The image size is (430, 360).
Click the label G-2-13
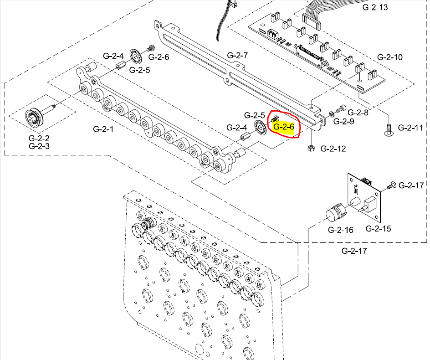(375, 7)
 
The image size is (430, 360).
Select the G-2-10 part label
(390, 57)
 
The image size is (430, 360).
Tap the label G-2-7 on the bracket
(237, 56)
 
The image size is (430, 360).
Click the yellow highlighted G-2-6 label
(284, 127)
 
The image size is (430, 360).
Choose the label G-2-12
(333, 149)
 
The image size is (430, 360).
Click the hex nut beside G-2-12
(311, 148)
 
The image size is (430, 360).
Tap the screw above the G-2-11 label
(388, 129)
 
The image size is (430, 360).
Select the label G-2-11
(411, 128)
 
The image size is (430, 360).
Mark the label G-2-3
(39, 146)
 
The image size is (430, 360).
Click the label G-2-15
(378, 229)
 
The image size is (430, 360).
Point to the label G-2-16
(341, 230)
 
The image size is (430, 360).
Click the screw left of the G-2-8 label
(341, 109)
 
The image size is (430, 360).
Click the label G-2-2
(39, 138)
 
